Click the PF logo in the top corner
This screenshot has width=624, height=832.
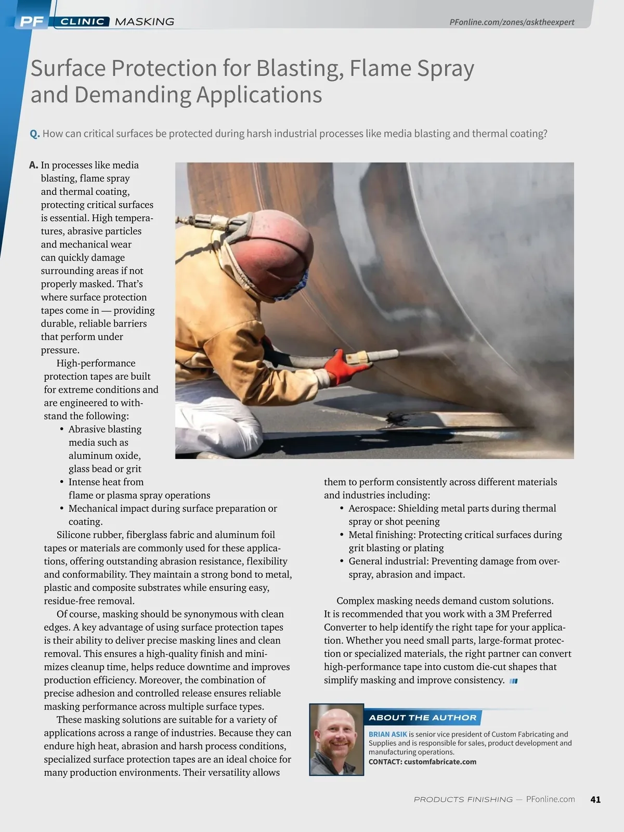[x=31, y=22]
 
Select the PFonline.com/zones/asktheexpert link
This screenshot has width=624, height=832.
[x=512, y=22]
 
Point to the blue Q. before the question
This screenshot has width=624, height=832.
[x=35, y=134]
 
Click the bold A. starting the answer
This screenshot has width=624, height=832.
[x=34, y=165]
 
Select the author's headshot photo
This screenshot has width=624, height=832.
[x=336, y=739]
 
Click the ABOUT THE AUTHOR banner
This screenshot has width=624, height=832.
[x=422, y=718]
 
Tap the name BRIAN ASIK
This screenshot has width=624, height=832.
[x=387, y=734]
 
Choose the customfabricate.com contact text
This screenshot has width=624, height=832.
[x=440, y=762]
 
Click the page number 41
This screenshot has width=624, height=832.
[x=595, y=799]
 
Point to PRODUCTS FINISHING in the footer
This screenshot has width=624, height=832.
[x=463, y=799]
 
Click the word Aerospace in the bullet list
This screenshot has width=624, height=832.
[x=371, y=509]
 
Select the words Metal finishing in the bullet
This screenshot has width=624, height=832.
[x=382, y=535]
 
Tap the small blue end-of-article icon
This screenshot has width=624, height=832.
[x=514, y=681]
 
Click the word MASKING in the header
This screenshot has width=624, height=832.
[x=144, y=22]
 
